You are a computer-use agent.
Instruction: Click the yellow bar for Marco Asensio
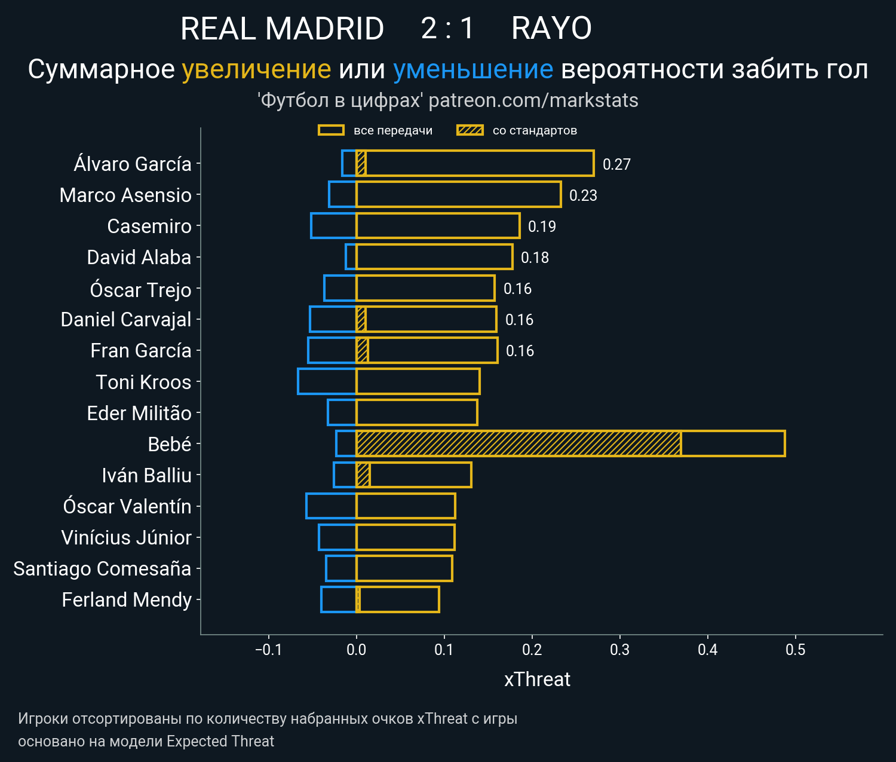(458, 195)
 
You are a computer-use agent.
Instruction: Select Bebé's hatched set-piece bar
(518, 443)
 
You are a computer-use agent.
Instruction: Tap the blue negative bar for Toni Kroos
(327, 381)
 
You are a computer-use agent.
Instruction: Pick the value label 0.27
(616, 164)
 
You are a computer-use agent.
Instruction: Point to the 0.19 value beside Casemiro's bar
(542, 227)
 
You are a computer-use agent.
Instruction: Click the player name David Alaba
(139, 258)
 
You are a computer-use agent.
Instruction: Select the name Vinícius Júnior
(126, 537)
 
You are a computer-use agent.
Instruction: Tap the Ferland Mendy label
(127, 599)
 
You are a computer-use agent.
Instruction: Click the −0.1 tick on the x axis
(268, 650)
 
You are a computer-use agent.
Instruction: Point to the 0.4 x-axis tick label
(707, 650)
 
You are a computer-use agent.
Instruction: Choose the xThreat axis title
(537, 680)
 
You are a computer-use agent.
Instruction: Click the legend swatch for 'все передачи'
(331, 130)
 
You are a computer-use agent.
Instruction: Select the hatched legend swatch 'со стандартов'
(470, 130)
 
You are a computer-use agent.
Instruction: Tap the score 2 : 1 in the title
(447, 28)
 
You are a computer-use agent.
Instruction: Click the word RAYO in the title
(551, 28)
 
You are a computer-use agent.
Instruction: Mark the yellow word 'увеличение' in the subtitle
(256, 69)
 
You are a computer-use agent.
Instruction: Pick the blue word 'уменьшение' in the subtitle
(473, 69)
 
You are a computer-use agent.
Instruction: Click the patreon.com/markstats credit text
(533, 100)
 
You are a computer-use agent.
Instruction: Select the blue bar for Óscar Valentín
(331, 506)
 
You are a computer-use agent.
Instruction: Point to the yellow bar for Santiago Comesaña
(404, 568)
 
